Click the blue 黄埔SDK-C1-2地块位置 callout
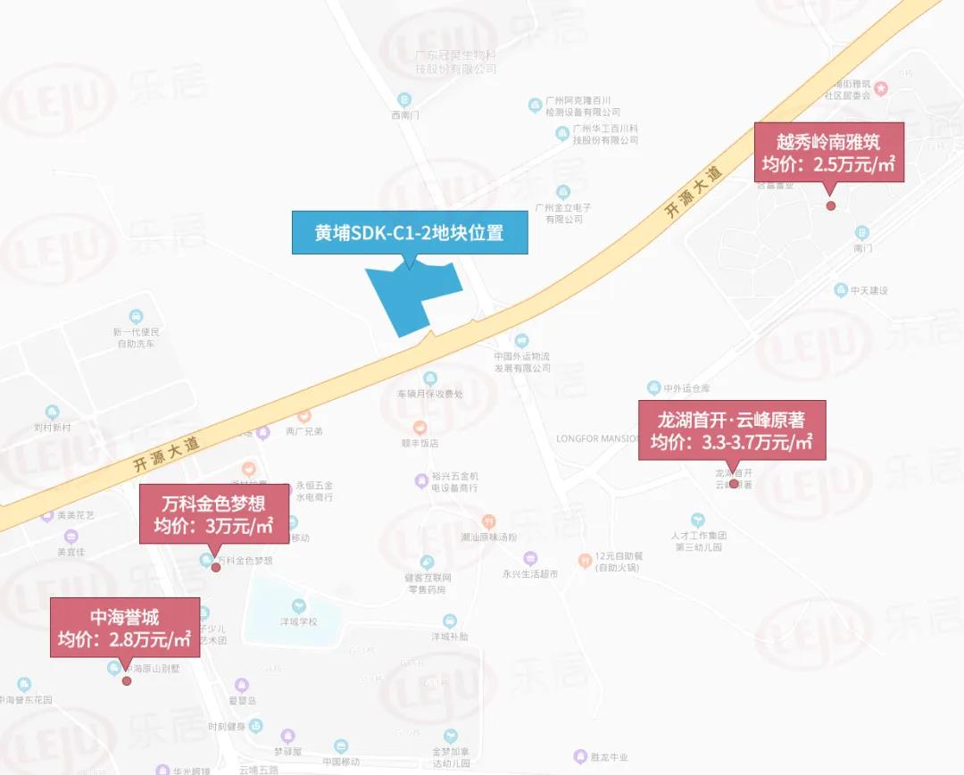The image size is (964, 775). click(409, 233)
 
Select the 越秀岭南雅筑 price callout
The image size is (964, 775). click(829, 154)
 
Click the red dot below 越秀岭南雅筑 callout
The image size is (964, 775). click(830, 205)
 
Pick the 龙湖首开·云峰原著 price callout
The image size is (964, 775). click(732, 430)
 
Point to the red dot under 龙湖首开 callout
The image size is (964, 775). click(734, 484)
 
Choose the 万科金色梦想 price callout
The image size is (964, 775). click(214, 514)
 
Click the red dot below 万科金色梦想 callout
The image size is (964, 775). click(216, 568)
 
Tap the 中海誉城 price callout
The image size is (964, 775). click(125, 628)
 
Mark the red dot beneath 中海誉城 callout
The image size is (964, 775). click(127, 680)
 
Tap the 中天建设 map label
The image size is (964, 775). click(868, 291)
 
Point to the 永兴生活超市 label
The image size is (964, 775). click(530, 574)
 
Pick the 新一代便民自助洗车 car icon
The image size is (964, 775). click(136, 316)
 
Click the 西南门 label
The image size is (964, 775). click(404, 115)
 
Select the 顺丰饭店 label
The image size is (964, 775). click(420, 442)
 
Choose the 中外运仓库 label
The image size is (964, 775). click(686, 388)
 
